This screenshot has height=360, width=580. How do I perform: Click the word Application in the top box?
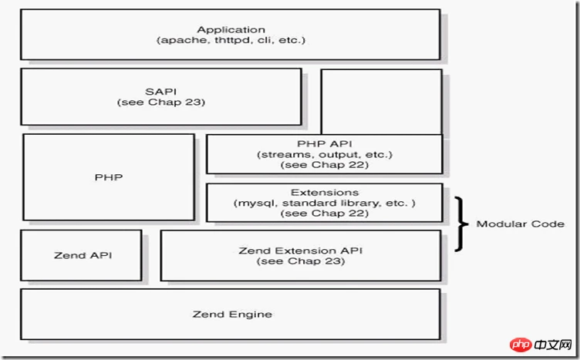231,29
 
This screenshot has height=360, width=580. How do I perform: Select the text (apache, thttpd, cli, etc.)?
231,40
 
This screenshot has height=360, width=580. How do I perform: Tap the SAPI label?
161,91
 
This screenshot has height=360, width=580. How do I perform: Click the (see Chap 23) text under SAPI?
161,102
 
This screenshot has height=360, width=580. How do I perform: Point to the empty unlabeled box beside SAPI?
381,102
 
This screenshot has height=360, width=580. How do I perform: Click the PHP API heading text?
325,143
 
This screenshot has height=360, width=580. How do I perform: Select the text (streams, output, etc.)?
325,154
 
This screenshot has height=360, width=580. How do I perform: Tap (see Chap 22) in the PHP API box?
325,165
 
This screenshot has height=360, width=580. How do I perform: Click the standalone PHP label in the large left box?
109,177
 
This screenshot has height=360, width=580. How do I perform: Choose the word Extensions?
325,193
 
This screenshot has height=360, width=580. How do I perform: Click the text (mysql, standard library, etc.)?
325,203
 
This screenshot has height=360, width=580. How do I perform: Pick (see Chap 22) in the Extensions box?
325,214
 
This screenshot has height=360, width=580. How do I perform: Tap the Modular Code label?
520,224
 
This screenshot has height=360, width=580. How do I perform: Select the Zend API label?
83,255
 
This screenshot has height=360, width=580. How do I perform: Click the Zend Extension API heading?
300,251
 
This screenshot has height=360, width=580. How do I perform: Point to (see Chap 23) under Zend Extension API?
300,261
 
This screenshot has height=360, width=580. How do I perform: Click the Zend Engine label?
232,315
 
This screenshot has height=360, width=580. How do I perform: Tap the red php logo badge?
521,345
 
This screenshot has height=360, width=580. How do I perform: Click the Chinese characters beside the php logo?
553,345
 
